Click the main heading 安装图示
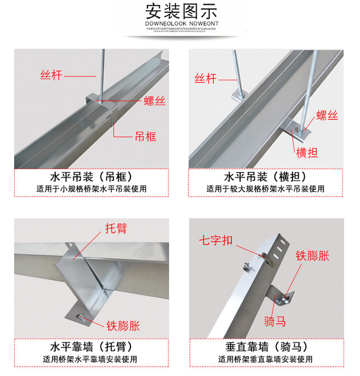coord(180,11)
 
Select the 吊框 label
coord(143,136)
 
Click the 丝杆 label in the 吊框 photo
coord(51,75)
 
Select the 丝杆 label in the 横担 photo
coord(206,78)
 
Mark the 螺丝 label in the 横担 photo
coord(328,116)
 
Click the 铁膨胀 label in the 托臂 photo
coord(123,325)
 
